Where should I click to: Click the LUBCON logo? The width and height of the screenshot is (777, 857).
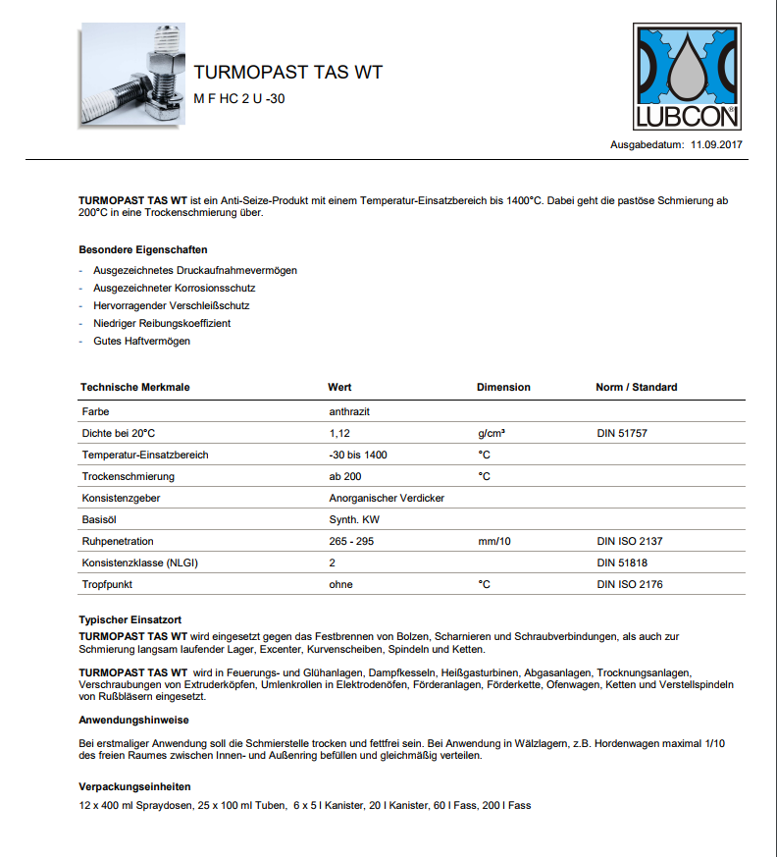click(687, 78)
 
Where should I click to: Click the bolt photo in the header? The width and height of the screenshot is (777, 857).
click(132, 76)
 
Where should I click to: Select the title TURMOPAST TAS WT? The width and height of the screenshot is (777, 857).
click(287, 73)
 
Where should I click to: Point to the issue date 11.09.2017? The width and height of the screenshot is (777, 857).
click(716, 145)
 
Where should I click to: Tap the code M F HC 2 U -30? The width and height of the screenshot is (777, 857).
click(239, 98)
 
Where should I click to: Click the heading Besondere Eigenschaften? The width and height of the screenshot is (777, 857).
click(143, 249)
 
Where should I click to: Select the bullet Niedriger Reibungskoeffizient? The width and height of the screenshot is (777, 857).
click(162, 323)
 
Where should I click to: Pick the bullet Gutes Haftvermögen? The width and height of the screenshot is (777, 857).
click(141, 341)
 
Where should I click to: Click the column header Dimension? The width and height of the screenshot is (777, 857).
click(503, 387)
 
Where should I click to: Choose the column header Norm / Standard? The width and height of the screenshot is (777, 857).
click(636, 387)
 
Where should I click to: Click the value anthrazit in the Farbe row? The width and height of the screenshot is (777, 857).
click(349, 411)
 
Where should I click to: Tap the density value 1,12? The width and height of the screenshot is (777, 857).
click(339, 433)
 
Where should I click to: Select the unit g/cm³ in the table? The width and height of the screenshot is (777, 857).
click(492, 433)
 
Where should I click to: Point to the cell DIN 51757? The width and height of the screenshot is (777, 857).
click(623, 433)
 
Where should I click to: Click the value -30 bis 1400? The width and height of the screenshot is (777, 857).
click(358, 455)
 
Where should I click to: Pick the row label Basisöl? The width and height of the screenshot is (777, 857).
click(100, 519)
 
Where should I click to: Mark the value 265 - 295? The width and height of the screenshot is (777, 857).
click(351, 541)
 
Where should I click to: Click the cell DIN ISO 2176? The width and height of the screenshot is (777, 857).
click(631, 584)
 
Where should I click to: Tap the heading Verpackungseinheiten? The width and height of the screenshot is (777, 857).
click(134, 787)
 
